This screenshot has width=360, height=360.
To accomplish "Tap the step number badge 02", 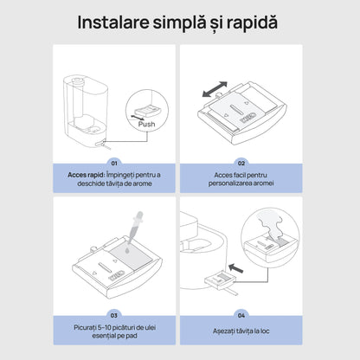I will pyautogui.click(x=241, y=162).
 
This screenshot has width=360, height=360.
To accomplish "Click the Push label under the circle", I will pyautogui.click(x=145, y=124).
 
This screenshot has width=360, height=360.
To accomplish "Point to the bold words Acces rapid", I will pyautogui.click(x=86, y=174).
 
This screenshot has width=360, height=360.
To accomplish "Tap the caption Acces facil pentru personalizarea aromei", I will pyautogui.click(x=242, y=179).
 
